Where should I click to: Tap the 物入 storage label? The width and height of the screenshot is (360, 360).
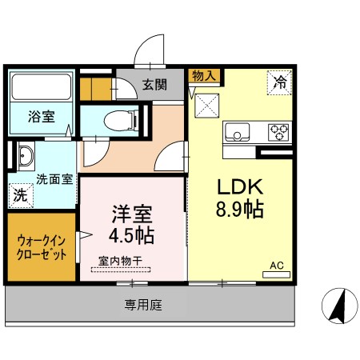click(x=204, y=76)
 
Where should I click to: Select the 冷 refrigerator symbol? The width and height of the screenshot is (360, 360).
click(x=279, y=82)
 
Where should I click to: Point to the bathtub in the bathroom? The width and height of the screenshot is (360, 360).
click(x=40, y=86)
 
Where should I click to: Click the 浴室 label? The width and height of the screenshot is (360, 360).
click(x=42, y=117)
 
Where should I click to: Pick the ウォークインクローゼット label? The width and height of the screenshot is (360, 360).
click(x=42, y=246)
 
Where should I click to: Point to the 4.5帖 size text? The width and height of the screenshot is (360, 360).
click(x=132, y=236)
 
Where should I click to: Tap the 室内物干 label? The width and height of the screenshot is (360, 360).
click(x=120, y=260)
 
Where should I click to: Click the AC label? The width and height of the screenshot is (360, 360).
click(x=277, y=265)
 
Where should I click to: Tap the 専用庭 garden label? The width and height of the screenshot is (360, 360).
click(x=142, y=304)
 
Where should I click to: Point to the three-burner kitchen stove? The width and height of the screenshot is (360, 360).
click(x=278, y=131)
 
